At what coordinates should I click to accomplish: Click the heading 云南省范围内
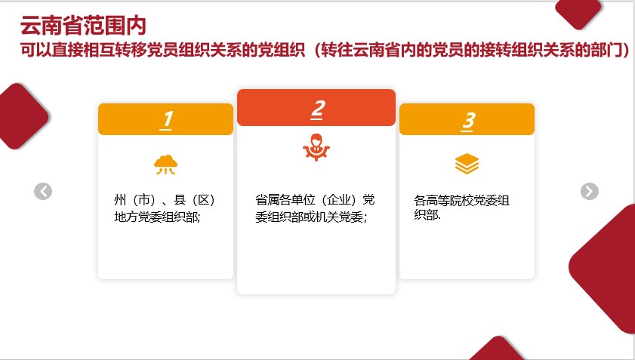tap(83, 26)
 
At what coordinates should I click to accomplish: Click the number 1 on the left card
tap(166, 119)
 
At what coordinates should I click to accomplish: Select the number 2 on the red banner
tap(317, 109)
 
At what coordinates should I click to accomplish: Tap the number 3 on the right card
tap(467, 121)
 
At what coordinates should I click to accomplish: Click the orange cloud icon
tap(165, 165)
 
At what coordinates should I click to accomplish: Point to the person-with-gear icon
tap(316, 147)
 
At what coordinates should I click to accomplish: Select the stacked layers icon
tap(467, 164)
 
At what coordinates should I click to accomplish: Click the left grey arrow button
tap(43, 191)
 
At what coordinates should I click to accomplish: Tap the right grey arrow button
tap(589, 191)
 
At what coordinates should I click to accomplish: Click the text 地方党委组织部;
tap(157, 217)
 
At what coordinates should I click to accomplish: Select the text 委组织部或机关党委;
tap(311, 217)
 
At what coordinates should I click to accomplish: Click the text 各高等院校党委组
tap(461, 200)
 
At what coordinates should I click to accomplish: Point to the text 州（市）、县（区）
tap(165, 200)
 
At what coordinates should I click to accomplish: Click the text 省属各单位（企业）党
tap(315, 200)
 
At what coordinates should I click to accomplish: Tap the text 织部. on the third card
tap(427, 214)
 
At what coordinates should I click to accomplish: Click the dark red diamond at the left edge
tap(22, 116)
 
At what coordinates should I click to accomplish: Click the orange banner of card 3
tap(467, 119)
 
